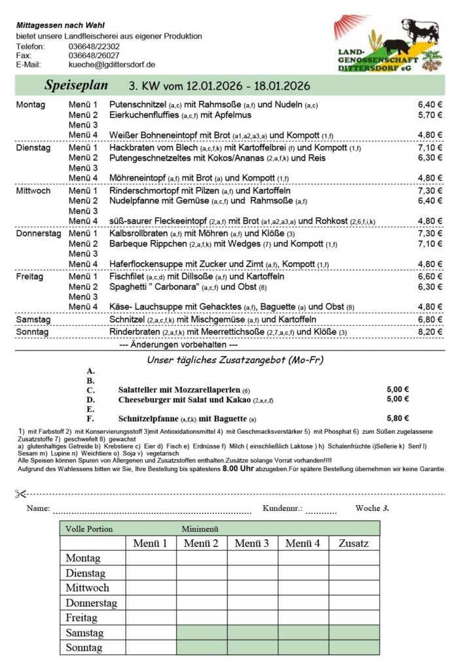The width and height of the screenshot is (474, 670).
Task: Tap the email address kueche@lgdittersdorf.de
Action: [111, 65]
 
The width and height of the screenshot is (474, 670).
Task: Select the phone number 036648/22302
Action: [94, 46]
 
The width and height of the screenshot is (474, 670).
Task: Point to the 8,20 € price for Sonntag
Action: [429, 332]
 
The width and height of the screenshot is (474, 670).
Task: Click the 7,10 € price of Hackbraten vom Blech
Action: [429, 148]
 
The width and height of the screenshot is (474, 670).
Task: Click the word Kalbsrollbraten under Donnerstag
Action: [138, 234]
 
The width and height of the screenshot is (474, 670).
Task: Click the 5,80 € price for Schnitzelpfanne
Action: [397, 419]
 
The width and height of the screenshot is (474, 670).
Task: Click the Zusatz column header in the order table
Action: [354, 543]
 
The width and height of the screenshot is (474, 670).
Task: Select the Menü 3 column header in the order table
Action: [252, 543]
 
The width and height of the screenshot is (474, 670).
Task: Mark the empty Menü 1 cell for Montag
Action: [151, 558]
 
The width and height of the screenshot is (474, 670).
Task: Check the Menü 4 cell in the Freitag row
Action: [303, 618]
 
